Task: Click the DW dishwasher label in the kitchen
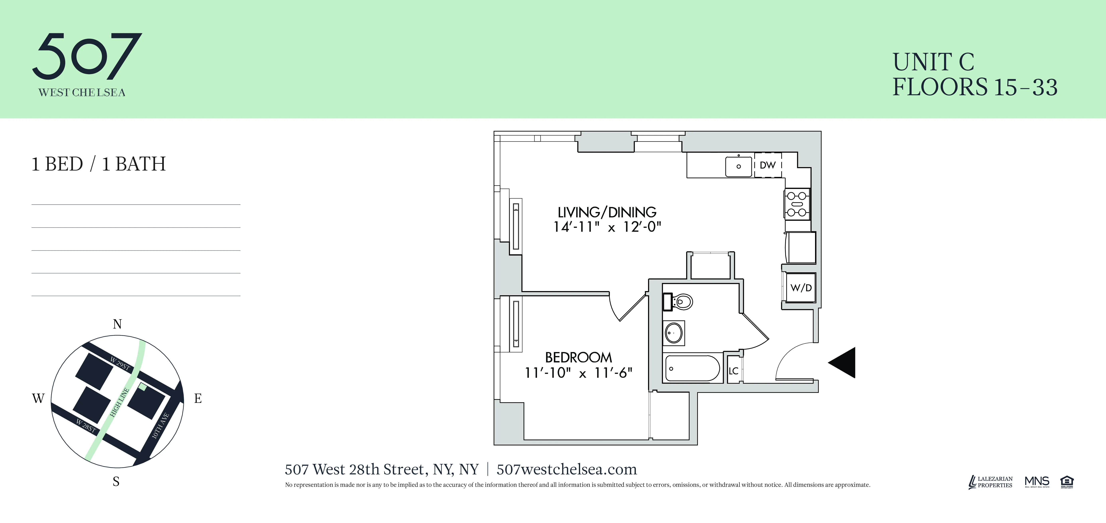768,165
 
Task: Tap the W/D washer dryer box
801,288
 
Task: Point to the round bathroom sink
674,333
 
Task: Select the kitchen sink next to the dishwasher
739,166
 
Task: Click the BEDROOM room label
578,357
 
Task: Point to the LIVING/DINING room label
607,212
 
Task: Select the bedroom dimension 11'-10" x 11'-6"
578,373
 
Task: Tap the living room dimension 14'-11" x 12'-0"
607,227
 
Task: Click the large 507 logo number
87,56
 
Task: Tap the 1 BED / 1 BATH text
98,164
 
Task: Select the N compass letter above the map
117,324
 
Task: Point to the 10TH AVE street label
161,426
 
